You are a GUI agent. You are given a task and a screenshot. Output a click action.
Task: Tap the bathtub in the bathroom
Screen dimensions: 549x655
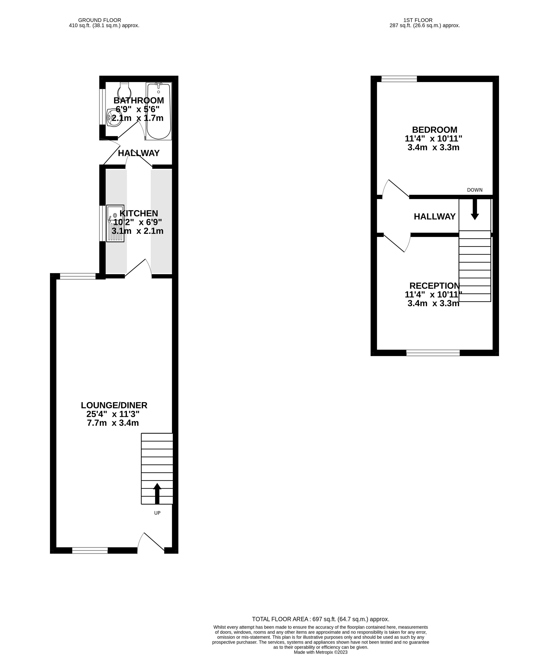159,111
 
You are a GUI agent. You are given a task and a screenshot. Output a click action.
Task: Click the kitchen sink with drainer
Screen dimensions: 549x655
115,223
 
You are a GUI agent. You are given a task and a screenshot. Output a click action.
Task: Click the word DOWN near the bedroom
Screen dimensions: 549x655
475,190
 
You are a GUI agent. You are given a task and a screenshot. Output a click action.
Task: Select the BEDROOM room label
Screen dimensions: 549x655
435,130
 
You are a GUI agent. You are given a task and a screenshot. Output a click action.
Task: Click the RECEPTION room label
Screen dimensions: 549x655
434,286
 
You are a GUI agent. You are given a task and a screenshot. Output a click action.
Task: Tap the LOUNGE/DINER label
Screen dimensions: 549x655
114,405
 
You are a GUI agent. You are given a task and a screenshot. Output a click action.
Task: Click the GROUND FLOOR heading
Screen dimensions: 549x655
100,20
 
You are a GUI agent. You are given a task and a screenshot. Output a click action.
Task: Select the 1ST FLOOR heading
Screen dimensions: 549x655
418,20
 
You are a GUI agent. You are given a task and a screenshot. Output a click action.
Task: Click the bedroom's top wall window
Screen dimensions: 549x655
399,79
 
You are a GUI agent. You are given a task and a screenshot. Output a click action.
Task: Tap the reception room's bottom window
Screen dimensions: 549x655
433,353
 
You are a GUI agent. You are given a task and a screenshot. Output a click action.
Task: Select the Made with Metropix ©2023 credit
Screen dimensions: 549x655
321,652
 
